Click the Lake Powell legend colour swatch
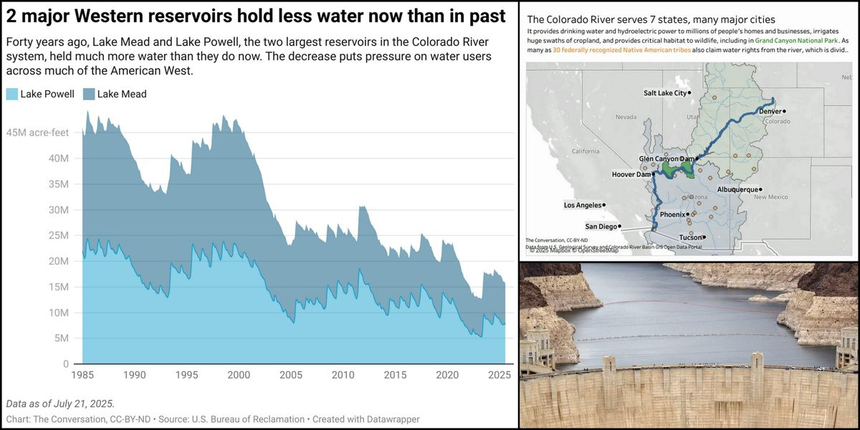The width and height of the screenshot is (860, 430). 11,94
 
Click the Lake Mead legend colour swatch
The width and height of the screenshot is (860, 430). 89,94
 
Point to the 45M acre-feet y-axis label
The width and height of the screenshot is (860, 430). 37,133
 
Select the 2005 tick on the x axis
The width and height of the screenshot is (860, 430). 290,375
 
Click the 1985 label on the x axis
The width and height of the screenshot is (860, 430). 82,375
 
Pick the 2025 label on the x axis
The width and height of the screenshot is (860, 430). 499,375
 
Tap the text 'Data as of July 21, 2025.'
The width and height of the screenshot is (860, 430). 60,403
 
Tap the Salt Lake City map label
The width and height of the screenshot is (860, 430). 664,93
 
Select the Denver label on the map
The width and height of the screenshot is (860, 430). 769,111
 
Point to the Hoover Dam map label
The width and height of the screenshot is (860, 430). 631,174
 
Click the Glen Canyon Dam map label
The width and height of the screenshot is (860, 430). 666,158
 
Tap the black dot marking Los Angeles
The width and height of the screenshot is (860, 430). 604,205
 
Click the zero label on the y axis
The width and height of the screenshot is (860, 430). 66,364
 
